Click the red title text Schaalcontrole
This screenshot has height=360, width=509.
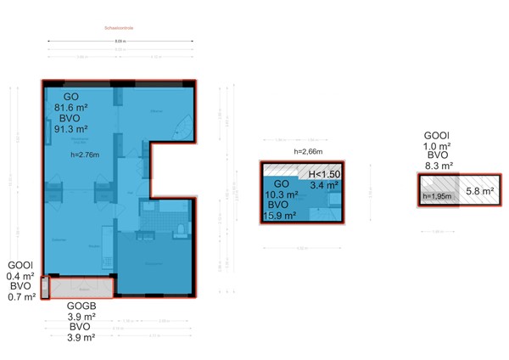118,28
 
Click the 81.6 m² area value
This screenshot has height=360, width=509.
71,108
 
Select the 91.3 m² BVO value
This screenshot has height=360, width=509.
71,130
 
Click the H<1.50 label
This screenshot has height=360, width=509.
324,173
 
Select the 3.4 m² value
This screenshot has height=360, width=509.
324,184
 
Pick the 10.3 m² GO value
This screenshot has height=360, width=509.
282,194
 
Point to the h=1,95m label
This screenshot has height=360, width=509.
437,197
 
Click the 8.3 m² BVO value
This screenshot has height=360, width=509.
438,166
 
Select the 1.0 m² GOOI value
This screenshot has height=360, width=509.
438,146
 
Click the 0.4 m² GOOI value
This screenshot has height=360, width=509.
21,276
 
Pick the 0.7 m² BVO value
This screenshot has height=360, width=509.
21,296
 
